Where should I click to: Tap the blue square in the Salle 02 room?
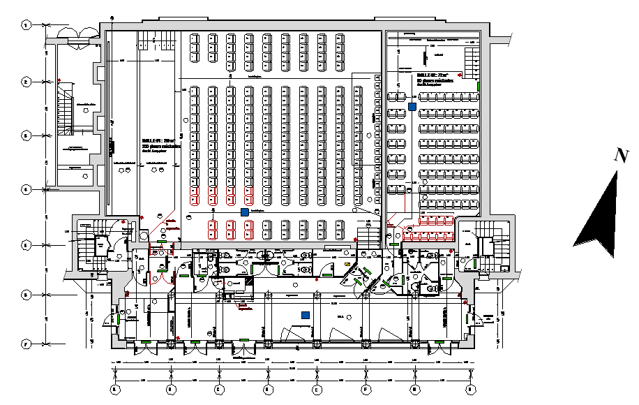pyautogui.click(x=412, y=107)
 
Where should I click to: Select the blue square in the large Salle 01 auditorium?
pyautogui.click(x=244, y=212)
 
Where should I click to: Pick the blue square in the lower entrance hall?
pyautogui.click(x=306, y=315)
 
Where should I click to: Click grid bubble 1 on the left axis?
pyautogui.click(x=26, y=24)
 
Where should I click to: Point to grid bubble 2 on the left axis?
pyautogui.click(x=26, y=82)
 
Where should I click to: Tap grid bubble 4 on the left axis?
pyautogui.click(x=26, y=189)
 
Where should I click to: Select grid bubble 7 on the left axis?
pyautogui.click(x=26, y=344)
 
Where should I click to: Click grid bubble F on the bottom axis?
pyautogui.click(x=365, y=388)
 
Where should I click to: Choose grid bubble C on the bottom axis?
pyautogui.click(x=218, y=388)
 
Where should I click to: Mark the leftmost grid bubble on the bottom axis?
pyautogui.click(x=115, y=388)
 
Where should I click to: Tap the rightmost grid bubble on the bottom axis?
pyautogui.click(x=470, y=388)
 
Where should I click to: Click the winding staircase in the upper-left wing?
pyautogui.click(x=66, y=112)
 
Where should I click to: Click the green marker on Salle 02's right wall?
pyautogui.click(x=481, y=87)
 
